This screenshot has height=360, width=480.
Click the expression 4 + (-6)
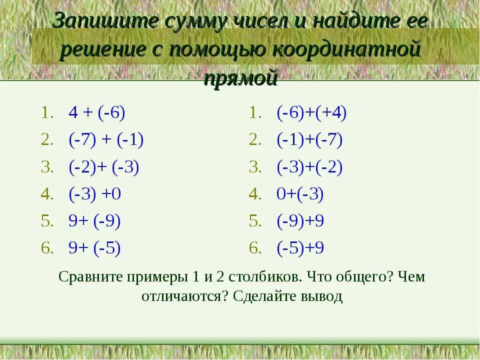click(x=97, y=113)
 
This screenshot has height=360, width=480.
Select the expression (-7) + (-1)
click(x=106, y=140)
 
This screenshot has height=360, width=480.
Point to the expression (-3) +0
click(x=95, y=194)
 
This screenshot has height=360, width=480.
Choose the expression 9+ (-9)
click(x=95, y=221)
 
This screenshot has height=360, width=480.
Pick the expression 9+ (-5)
click(x=95, y=248)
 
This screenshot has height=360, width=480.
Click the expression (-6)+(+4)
click(x=311, y=113)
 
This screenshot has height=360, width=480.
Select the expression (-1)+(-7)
click(x=309, y=140)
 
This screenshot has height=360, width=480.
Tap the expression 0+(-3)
click(x=300, y=194)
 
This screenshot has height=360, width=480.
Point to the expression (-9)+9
click(x=300, y=221)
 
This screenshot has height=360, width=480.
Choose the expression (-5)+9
click(x=300, y=248)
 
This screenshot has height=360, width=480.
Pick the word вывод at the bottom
click(x=321, y=296)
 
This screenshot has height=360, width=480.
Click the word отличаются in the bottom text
click(x=184, y=296)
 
